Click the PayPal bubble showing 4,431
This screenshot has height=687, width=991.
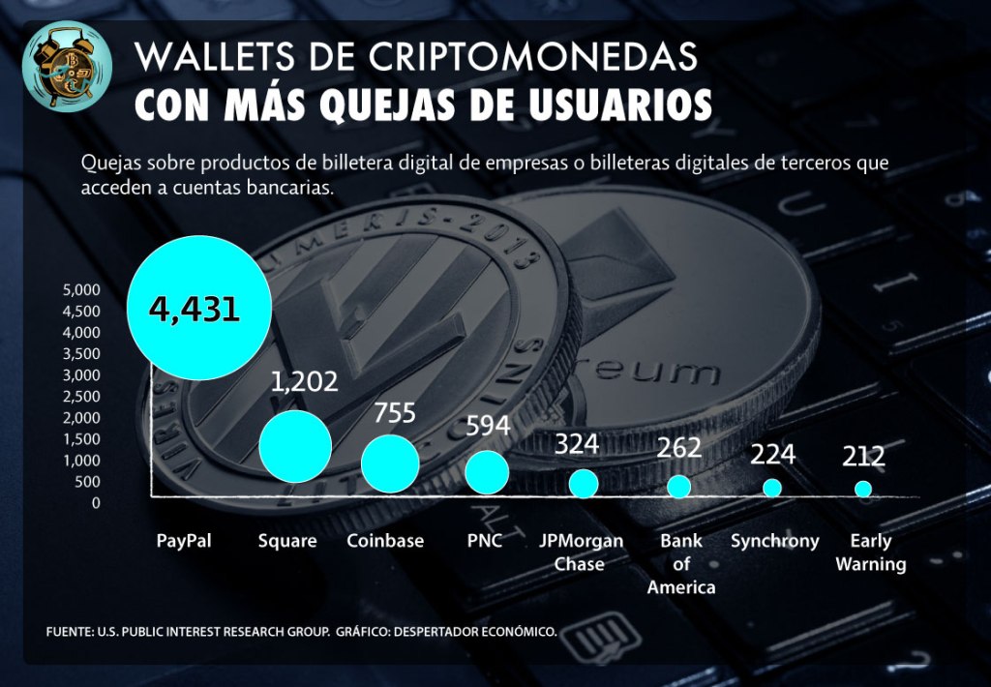(x=198, y=309)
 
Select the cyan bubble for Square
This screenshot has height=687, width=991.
(x=295, y=446)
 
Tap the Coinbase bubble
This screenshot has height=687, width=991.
(x=390, y=463)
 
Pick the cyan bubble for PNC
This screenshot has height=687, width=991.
(x=487, y=472)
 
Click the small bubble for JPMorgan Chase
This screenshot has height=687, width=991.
(x=584, y=483)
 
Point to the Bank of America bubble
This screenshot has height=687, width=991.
(x=679, y=486)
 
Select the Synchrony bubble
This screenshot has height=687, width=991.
(x=772, y=488)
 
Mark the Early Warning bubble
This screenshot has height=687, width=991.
(x=863, y=489)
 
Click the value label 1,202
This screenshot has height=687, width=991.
(x=305, y=381)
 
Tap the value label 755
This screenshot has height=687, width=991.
(x=395, y=413)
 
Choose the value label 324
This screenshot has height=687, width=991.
(x=577, y=445)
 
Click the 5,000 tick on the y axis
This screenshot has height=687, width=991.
(x=81, y=289)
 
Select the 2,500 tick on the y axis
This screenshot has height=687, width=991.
(x=81, y=397)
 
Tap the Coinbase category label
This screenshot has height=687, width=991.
(x=385, y=541)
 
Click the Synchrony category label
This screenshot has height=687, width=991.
(x=775, y=541)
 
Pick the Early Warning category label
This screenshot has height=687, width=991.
(x=871, y=553)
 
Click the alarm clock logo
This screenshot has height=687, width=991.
(x=67, y=66)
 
